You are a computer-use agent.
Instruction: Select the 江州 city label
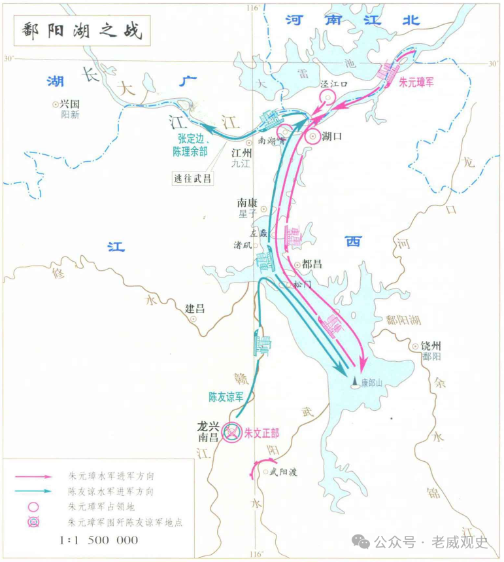(242, 152)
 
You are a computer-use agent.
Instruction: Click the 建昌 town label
(195, 308)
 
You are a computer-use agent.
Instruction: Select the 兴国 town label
(69, 103)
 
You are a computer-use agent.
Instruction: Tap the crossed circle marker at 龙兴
(231, 432)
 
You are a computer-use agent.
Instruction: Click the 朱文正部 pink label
(261, 433)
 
